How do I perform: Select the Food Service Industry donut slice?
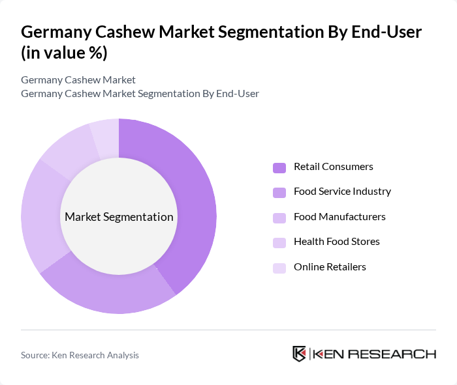click(x=111, y=293)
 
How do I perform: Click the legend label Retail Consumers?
click(x=333, y=167)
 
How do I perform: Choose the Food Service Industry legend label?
click(x=342, y=192)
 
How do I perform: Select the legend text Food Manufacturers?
click(x=339, y=217)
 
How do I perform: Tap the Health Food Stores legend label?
click(x=336, y=242)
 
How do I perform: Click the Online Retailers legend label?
click(x=330, y=267)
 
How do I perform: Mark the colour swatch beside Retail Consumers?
click(x=279, y=167)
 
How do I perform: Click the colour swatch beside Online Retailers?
click(x=279, y=268)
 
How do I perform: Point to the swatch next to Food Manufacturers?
click(x=279, y=218)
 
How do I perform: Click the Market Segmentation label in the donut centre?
click(x=119, y=217)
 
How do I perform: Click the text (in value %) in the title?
click(x=64, y=53)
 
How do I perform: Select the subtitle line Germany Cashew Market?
click(x=78, y=80)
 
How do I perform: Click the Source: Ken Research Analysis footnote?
click(x=80, y=355)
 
